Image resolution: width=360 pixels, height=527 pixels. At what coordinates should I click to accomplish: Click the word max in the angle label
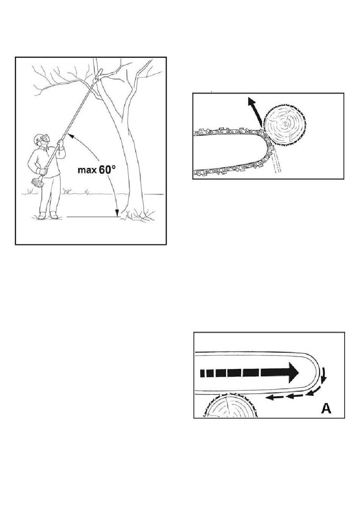(x=87, y=170)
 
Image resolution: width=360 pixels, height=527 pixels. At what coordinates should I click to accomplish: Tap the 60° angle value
(x=107, y=169)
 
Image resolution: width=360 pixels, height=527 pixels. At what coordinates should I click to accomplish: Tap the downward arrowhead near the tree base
(x=117, y=213)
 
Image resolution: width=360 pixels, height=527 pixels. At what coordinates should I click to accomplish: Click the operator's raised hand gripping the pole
(x=61, y=143)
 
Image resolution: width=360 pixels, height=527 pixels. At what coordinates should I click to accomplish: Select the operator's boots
(x=49, y=216)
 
